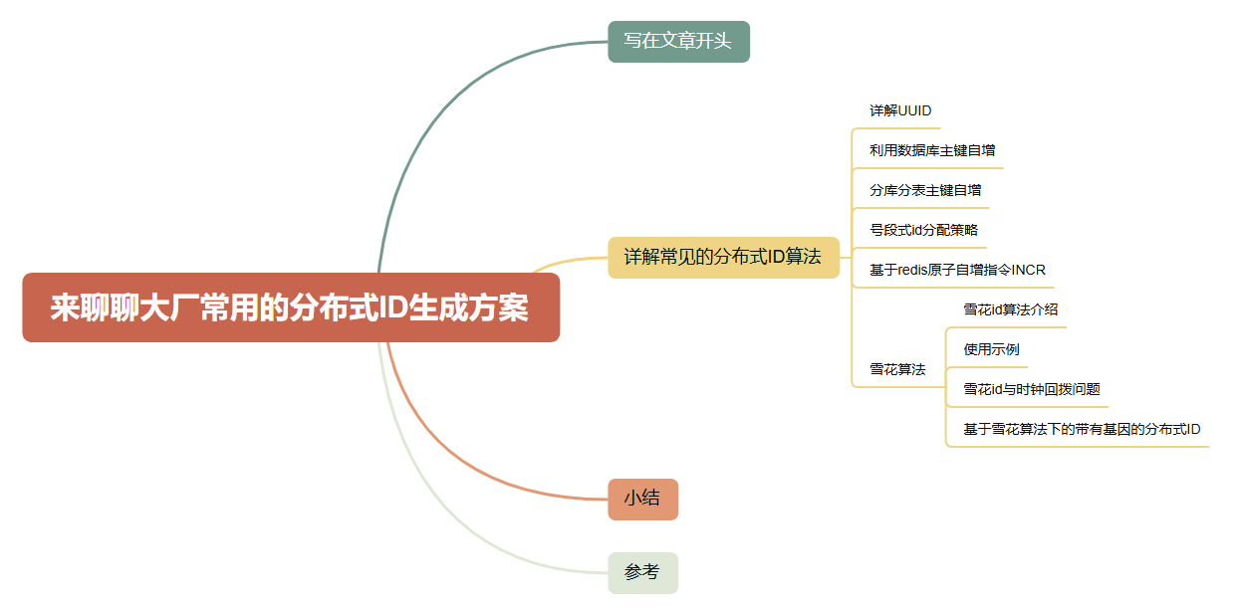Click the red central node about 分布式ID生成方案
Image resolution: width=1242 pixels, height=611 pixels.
tap(290, 307)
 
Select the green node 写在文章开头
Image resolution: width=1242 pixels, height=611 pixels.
tap(678, 42)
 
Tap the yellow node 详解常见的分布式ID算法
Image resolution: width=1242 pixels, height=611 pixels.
tap(723, 257)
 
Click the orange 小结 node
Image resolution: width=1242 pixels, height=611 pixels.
tap(642, 499)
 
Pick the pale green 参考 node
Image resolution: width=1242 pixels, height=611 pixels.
tap(642, 572)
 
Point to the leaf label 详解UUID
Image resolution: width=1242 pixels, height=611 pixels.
tap(900, 110)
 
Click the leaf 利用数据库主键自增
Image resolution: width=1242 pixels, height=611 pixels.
tap(932, 150)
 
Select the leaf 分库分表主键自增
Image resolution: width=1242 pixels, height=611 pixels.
tap(925, 190)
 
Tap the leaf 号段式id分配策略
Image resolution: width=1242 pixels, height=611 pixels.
tap(923, 230)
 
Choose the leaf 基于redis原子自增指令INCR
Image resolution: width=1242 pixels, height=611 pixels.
tap(957, 270)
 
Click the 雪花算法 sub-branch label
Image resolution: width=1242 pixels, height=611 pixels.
tap(897, 369)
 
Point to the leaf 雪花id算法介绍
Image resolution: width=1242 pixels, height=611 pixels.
tap(1010, 309)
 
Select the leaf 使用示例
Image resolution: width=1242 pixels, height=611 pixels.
tap(991, 349)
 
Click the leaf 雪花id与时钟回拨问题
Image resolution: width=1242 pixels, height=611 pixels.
tap(1031, 389)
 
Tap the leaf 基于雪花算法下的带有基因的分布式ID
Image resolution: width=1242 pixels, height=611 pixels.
tap(1082, 429)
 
